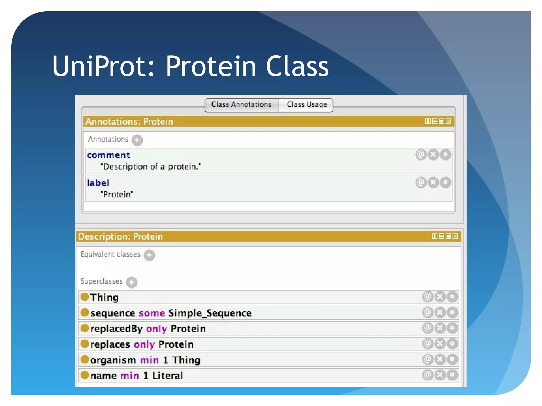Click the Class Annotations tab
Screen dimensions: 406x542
pyautogui.click(x=241, y=105)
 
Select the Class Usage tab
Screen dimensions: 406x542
pyautogui.click(x=306, y=105)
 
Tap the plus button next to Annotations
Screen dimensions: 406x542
pyautogui.click(x=137, y=140)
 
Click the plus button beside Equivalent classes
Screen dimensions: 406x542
pyautogui.click(x=149, y=255)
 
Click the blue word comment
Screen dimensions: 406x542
pyautogui.click(x=108, y=155)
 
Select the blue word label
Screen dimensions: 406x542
pyautogui.click(x=98, y=183)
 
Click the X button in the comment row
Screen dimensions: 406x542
pyautogui.click(x=433, y=155)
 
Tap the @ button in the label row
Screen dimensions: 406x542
pyautogui.click(x=421, y=182)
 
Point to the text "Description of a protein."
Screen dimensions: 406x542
pyautogui.click(x=151, y=167)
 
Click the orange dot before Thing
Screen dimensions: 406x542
pyautogui.click(x=84, y=297)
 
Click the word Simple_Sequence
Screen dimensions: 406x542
pyautogui.click(x=210, y=313)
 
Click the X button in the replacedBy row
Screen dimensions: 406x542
pyautogui.click(x=440, y=328)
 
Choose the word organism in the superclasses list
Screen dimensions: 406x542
pyautogui.click(x=113, y=360)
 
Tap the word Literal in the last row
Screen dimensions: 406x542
pyautogui.click(x=167, y=376)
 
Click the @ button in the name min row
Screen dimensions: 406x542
pyautogui.click(x=427, y=375)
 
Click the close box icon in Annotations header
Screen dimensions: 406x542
pyautogui.click(x=448, y=121)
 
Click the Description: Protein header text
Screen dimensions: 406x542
pyautogui.click(x=120, y=236)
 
